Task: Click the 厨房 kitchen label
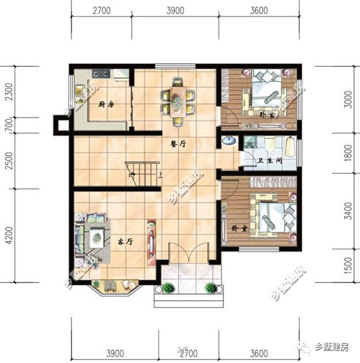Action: click(x=107, y=104)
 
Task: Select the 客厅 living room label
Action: click(x=125, y=241)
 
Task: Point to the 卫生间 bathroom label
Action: click(x=269, y=161)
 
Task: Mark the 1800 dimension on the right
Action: click(x=348, y=153)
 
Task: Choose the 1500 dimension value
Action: click(x=348, y=266)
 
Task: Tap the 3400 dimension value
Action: click(x=348, y=212)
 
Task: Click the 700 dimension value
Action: click(x=9, y=126)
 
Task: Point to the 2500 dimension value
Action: click(x=9, y=161)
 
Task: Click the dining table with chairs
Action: click(x=178, y=101)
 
